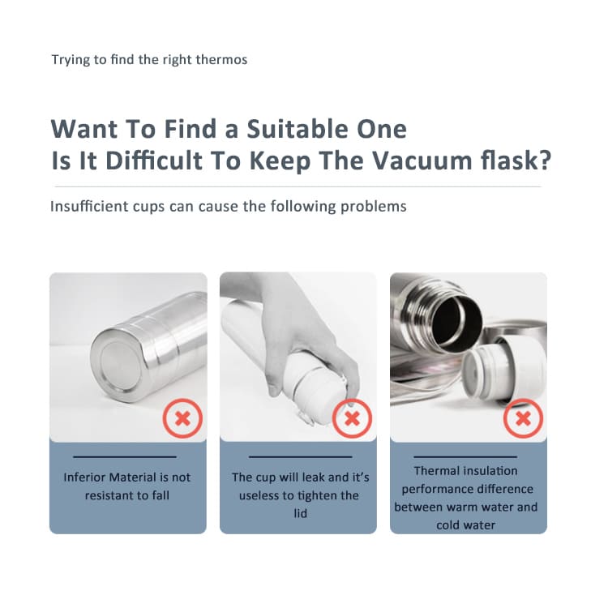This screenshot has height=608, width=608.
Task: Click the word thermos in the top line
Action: click(x=221, y=60)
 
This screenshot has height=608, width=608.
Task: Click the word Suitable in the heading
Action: click(x=298, y=129)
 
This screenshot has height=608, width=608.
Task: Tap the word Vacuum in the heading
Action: click(x=422, y=161)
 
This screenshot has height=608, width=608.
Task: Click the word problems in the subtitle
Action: click(x=374, y=206)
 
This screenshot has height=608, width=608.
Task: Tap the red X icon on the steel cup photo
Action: click(x=182, y=418)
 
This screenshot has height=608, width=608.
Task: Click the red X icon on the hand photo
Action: click(x=352, y=418)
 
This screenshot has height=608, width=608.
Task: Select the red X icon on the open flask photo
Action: click(x=523, y=418)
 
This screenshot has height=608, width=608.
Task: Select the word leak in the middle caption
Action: click(x=314, y=477)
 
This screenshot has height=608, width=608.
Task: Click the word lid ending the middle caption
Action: click(x=300, y=513)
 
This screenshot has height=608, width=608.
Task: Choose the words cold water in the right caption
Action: click(x=465, y=525)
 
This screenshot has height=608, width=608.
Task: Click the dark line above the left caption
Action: click(x=125, y=456)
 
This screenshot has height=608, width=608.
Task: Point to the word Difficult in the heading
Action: click(x=154, y=161)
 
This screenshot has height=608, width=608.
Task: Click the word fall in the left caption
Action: click(x=161, y=495)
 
